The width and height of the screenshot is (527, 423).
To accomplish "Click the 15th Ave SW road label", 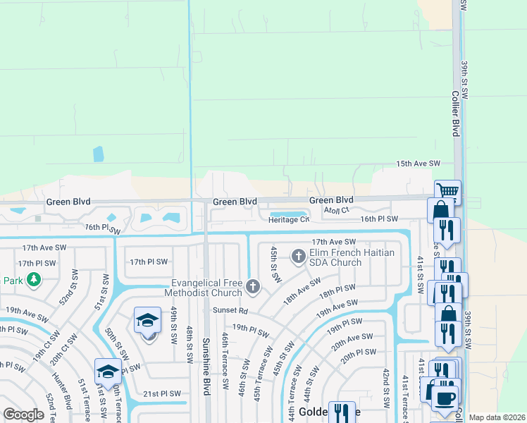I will (x=418, y=164).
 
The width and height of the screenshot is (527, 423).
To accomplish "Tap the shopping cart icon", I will (x=447, y=190).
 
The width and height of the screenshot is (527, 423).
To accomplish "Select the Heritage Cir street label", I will (x=288, y=219).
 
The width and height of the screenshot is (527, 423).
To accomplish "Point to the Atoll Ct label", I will (x=336, y=210).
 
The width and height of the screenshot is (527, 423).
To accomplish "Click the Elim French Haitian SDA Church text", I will (x=345, y=257).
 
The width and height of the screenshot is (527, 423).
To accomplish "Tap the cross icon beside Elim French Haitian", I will (x=298, y=255).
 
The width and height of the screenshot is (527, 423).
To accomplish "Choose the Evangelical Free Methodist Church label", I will (x=204, y=287).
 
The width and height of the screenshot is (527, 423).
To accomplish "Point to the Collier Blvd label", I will (x=455, y=113).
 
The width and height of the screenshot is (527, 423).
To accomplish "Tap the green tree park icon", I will (x=33, y=280).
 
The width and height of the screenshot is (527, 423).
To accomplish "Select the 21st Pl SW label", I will (x=162, y=394).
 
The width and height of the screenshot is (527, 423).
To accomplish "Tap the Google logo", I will (x=23, y=415).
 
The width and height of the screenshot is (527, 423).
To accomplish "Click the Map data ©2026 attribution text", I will (x=497, y=417).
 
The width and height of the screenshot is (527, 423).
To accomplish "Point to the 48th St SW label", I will (x=190, y=345).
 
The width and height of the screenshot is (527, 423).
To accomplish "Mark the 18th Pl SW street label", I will (x=337, y=292).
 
